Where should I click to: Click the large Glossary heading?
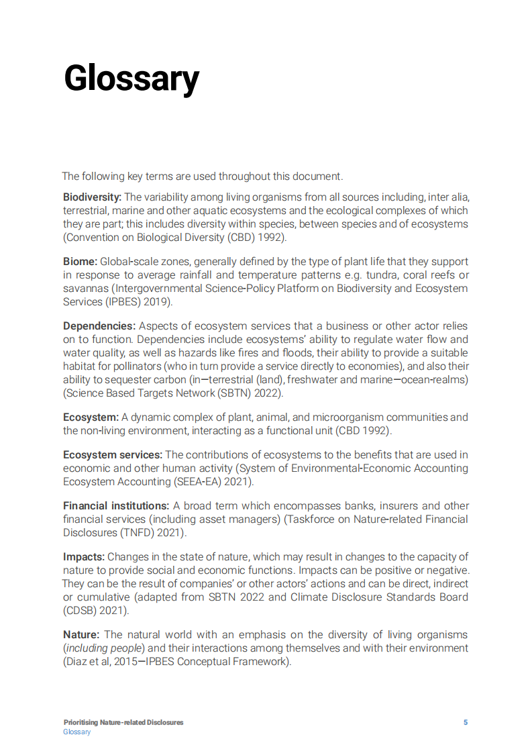point(131,79)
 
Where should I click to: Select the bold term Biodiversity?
point(93,197)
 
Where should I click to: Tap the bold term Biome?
point(81,262)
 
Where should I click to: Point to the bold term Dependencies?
point(99,326)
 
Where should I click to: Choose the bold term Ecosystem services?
point(113,455)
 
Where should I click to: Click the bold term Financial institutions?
point(116,506)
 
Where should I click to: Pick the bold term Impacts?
point(84,557)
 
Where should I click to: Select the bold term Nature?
point(81,635)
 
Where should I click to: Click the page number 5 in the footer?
point(466,723)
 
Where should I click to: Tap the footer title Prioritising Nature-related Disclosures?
point(123,723)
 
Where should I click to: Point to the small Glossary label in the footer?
point(77,732)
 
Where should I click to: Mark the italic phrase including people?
point(104,648)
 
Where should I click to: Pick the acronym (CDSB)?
point(80,611)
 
